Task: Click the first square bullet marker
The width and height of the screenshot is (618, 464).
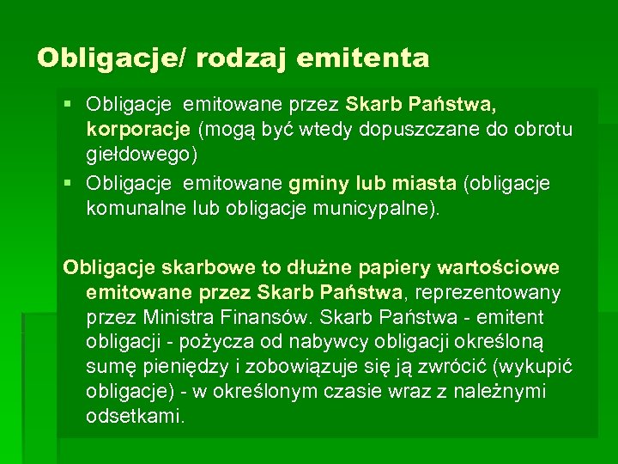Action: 70,106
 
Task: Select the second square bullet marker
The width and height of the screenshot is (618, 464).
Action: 70,184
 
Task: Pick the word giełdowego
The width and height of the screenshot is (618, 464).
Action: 137,156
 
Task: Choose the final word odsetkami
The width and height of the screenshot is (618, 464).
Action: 135,417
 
